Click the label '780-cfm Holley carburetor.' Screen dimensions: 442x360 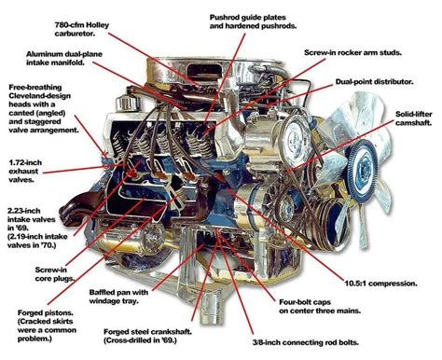click(x=82, y=29)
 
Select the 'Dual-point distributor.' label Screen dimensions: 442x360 click(x=374, y=82)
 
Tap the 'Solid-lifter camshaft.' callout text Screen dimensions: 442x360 click(x=414, y=118)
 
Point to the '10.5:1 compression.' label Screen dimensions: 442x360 click(x=380, y=284)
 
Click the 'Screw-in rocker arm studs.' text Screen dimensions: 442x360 click(x=352, y=52)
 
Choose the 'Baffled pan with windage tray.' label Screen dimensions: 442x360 click(x=118, y=297)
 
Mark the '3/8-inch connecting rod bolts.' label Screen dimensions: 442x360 click(x=306, y=342)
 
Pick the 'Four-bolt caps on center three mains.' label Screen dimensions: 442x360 click(x=320, y=306)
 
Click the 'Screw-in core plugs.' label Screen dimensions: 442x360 click(x=54, y=274)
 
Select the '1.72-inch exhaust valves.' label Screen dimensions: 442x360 click(x=25, y=171)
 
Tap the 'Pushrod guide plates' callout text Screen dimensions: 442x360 click(x=247, y=18)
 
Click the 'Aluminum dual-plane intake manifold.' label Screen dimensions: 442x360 click(x=64, y=58)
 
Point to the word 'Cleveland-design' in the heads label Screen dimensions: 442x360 click(x=39, y=96)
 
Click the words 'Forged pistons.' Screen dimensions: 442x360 click(x=45, y=312)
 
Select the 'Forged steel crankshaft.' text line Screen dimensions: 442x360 click(x=147, y=332)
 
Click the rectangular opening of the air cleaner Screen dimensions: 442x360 click(x=203, y=70)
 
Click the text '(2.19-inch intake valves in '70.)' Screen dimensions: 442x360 click(x=37, y=241)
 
